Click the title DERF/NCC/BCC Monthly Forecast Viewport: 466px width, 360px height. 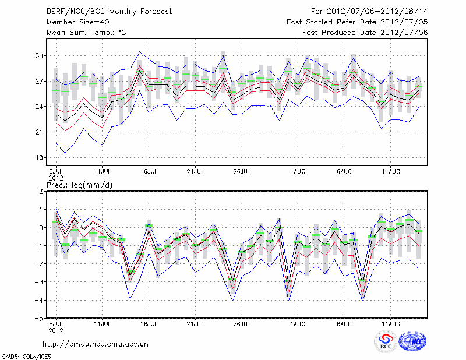(109, 12)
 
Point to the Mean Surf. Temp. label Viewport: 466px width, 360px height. (86, 33)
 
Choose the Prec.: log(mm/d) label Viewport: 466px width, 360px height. (80, 185)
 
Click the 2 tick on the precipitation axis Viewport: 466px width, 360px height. (41, 191)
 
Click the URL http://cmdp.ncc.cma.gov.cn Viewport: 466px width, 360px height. (96, 344)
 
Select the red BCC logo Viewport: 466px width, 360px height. (386, 341)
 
